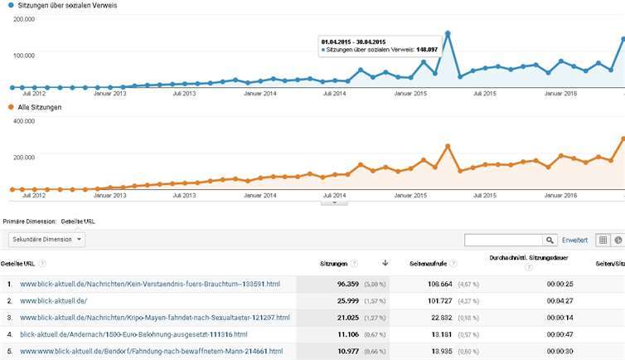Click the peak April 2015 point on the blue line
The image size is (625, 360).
(x=447, y=33)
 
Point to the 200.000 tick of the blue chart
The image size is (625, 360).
(x=24, y=18)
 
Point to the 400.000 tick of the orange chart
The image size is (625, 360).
(x=24, y=121)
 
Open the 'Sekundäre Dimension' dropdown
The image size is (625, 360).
(x=46, y=239)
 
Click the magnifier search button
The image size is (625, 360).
(x=550, y=240)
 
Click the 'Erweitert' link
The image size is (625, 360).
(x=574, y=240)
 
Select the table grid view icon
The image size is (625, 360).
(x=603, y=240)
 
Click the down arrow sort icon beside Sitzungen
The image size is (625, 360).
(x=385, y=264)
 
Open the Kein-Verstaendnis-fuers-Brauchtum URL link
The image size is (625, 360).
(x=149, y=285)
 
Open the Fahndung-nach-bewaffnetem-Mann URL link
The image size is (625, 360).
(x=151, y=352)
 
